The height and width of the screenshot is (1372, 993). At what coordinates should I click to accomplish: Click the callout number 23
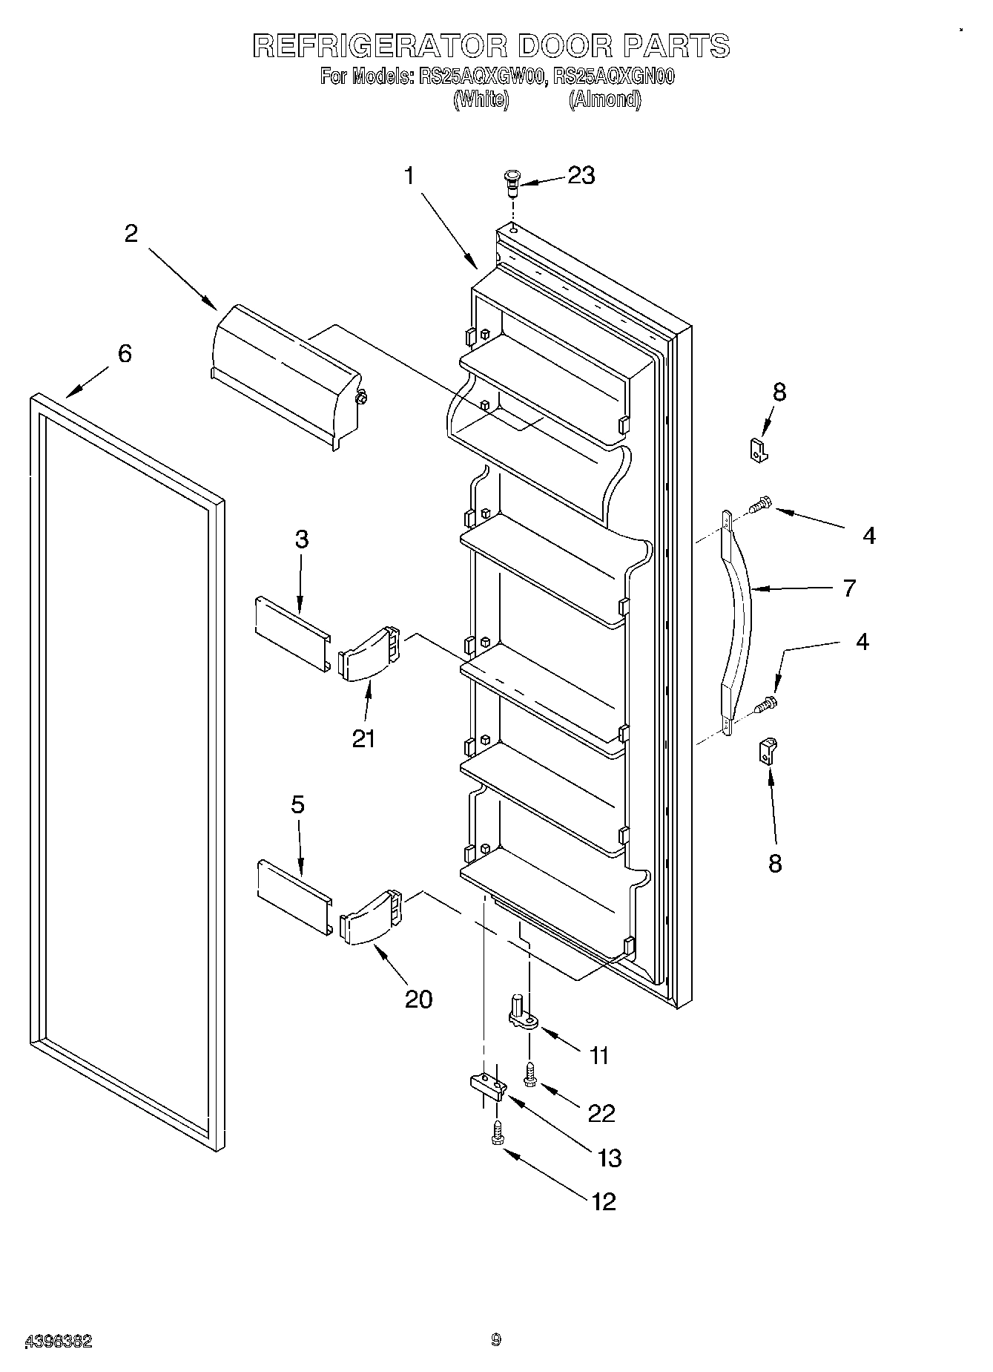click(x=581, y=175)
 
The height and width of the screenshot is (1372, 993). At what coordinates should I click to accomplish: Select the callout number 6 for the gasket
click(x=125, y=353)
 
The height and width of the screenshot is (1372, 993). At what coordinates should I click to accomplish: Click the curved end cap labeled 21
click(x=369, y=652)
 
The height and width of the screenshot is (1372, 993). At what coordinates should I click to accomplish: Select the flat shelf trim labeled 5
click(x=294, y=897)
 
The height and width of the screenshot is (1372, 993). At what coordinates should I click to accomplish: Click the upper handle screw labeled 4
click(x=759, y=505)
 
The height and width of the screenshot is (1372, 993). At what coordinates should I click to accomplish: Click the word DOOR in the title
click(x=564, y=46)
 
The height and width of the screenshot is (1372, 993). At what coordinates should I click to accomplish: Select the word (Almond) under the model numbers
click(x=604, y=99)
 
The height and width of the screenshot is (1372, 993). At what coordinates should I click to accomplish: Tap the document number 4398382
click(x=59, y=1341)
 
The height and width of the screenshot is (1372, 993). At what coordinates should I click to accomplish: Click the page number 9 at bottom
click(x=495, y=1339)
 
